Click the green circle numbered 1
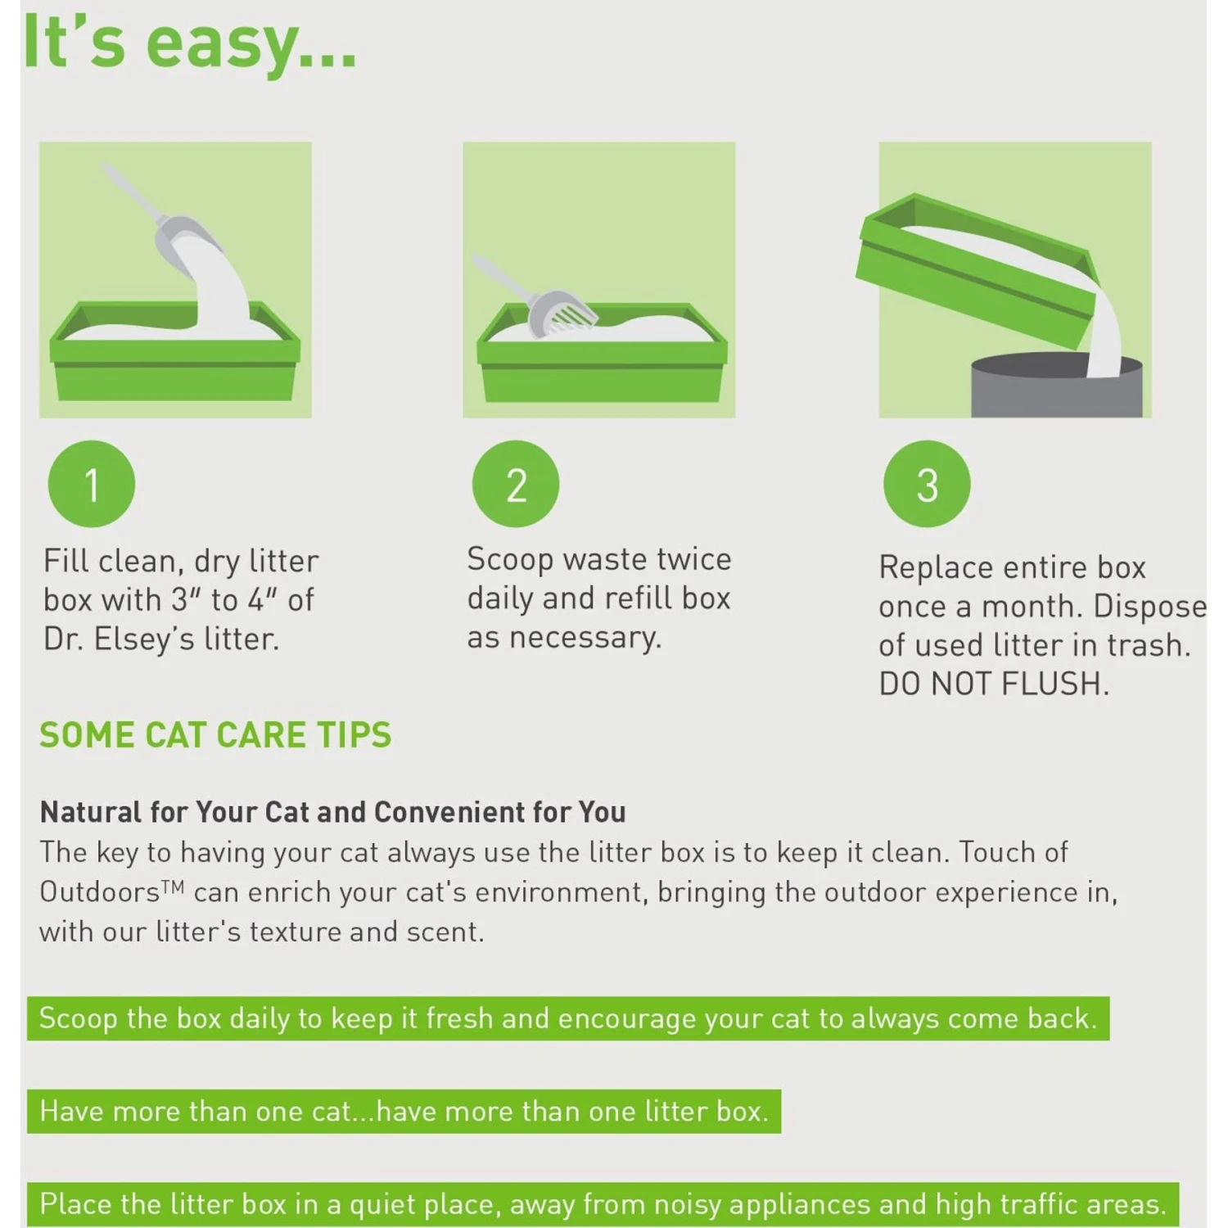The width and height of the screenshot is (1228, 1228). click(92, 484)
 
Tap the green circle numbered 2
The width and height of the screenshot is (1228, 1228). click(516, 484)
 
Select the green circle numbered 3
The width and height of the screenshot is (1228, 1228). click(927, 484)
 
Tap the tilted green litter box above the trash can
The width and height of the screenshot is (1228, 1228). click(974, 262)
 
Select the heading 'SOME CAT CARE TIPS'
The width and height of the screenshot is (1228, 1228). click(215, 734)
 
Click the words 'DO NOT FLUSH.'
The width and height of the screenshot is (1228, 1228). click(994, 684)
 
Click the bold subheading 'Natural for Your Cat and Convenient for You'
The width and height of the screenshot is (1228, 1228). click(333, 812)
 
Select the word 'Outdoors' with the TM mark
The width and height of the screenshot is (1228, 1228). click(100, 892)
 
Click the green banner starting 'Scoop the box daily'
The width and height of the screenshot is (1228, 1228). click(567, 1018)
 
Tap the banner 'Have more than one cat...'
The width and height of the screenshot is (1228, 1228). click(404, 1111)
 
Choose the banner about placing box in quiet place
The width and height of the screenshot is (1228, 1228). click(603, 1204)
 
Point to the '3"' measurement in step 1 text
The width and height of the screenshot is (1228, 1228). click(187, 600)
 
